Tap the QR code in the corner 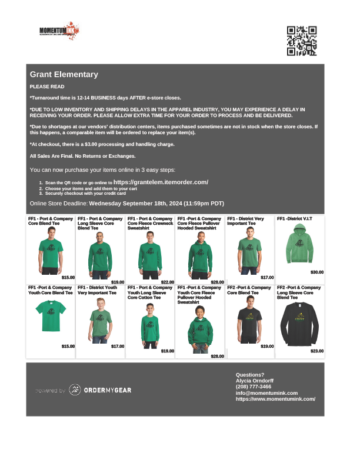tap(302, 41)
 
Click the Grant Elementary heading tap(64, 75)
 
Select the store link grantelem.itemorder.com tap(161, 182)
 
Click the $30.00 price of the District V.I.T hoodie tap(317, 272)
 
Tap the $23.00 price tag tap(317, 351)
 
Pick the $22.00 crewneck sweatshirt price tap(168, 282)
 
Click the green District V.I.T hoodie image tap(299, 246)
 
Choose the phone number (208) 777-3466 tap(254, 387)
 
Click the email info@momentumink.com tap(266, 392)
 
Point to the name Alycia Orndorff tap(255, 381)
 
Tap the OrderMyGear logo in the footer tap(100, 390)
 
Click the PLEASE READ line tap(47, 86)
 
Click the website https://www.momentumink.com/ tap(275, 399)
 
